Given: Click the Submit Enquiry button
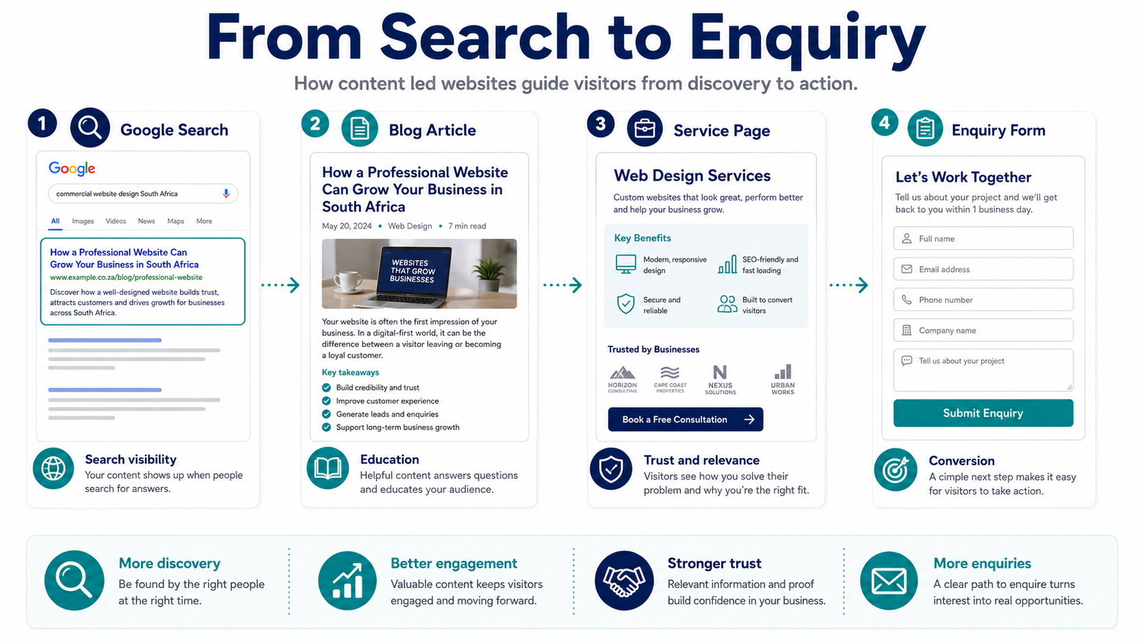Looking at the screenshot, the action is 983,413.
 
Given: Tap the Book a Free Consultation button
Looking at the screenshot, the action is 686,420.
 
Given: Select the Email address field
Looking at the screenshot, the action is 983,269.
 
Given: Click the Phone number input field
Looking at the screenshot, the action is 983,300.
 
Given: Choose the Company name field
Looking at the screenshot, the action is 983,331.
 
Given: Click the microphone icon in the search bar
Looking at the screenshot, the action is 226,194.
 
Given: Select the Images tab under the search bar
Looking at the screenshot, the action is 83,221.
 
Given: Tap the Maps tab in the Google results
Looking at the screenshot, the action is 175,221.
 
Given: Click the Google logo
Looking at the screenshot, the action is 71,168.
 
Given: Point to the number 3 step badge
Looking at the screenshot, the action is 601,124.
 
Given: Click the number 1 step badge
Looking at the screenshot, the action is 42,123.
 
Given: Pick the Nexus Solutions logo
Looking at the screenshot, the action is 720,379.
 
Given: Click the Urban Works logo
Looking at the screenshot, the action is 783,379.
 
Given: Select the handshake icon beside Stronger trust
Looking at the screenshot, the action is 623,580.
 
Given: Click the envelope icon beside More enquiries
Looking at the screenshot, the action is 889,580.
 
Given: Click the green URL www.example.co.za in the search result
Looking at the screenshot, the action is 126,277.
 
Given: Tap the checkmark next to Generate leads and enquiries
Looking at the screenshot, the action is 326,414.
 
